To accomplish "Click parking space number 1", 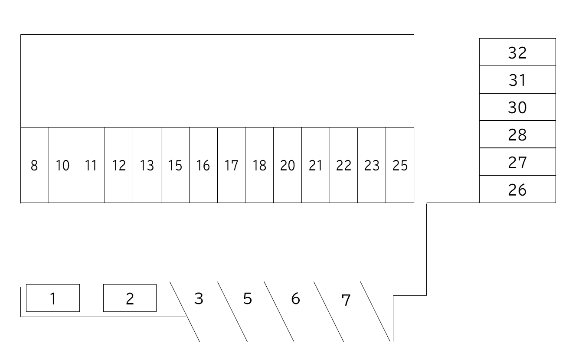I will click(x=53, y=298).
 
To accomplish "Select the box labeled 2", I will click(x=130, y=298).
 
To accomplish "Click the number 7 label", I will click(x=346, y=300).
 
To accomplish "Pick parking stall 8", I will click(x=34, y=165).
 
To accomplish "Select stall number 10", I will click(x=63, y=165).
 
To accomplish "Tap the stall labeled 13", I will click(x=147, y=165).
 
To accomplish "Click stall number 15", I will click(x=175, y=165).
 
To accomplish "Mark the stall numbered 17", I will click(x=231, y=165).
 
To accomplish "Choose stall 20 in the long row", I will click(x=288, y=165).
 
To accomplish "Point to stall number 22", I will click(x=343, y=165).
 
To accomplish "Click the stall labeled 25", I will click(x=400, y=165).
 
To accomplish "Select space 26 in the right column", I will click(x=517, y=190).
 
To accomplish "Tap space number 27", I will click(x=517, y=162).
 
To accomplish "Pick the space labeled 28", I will click(x=517, y=135).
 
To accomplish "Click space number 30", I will click(x=517, y=107).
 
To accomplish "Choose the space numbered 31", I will click(x=517, y=80).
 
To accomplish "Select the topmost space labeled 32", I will click(x=517, y=52).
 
